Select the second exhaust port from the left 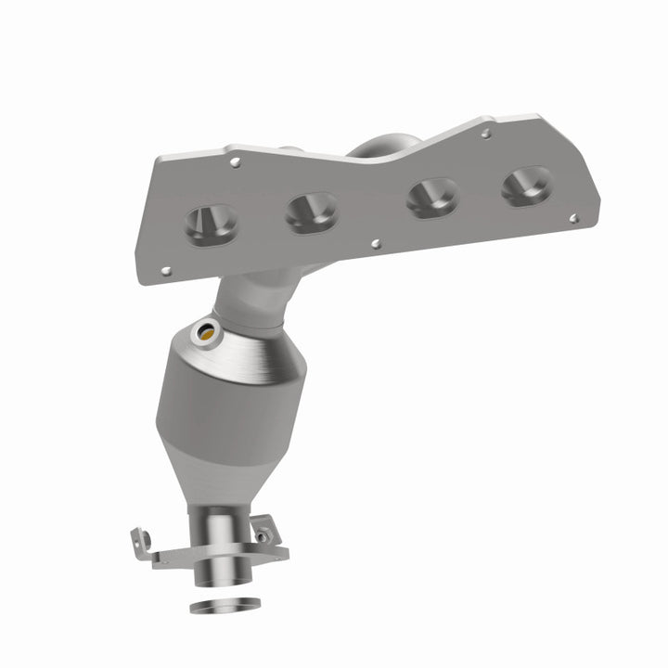311,212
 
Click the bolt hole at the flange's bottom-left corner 166,272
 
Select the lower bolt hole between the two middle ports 375,245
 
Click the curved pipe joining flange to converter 255,297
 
